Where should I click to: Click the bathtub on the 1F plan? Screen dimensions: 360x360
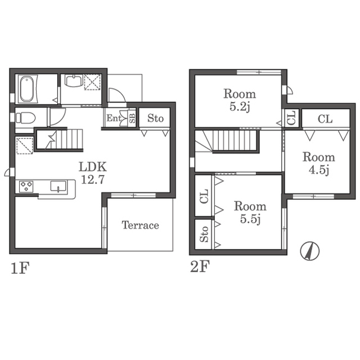(27, 89)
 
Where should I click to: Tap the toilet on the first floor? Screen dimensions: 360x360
(25, 118)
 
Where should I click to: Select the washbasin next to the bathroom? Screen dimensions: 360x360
(74, 81)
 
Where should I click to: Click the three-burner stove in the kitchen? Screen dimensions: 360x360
(26, 187)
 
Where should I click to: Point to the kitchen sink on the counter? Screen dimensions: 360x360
(58, 186)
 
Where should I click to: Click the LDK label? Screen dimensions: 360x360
(93, 167)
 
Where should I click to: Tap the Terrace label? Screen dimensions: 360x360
(140, 225)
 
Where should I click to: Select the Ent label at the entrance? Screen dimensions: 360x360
(114, 118)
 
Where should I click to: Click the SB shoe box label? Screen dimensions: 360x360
(132, 118)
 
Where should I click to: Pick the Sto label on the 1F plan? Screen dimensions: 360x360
(155, 118)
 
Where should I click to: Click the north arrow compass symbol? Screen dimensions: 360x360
(310, 251)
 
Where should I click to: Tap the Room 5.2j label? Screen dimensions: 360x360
(240, 101)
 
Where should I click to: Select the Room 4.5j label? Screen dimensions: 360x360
(319, 164)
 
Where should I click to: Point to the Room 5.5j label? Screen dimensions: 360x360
(250, 213)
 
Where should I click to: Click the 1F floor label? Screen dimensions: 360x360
(20, 268)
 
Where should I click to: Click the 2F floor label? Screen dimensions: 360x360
(200, 267)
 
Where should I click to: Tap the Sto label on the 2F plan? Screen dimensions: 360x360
(204, 234)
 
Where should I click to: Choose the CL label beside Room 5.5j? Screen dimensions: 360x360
(204, 196)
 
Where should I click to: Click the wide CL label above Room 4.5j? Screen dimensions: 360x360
(325, 119)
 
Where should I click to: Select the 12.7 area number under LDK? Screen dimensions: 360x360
(93, 179)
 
